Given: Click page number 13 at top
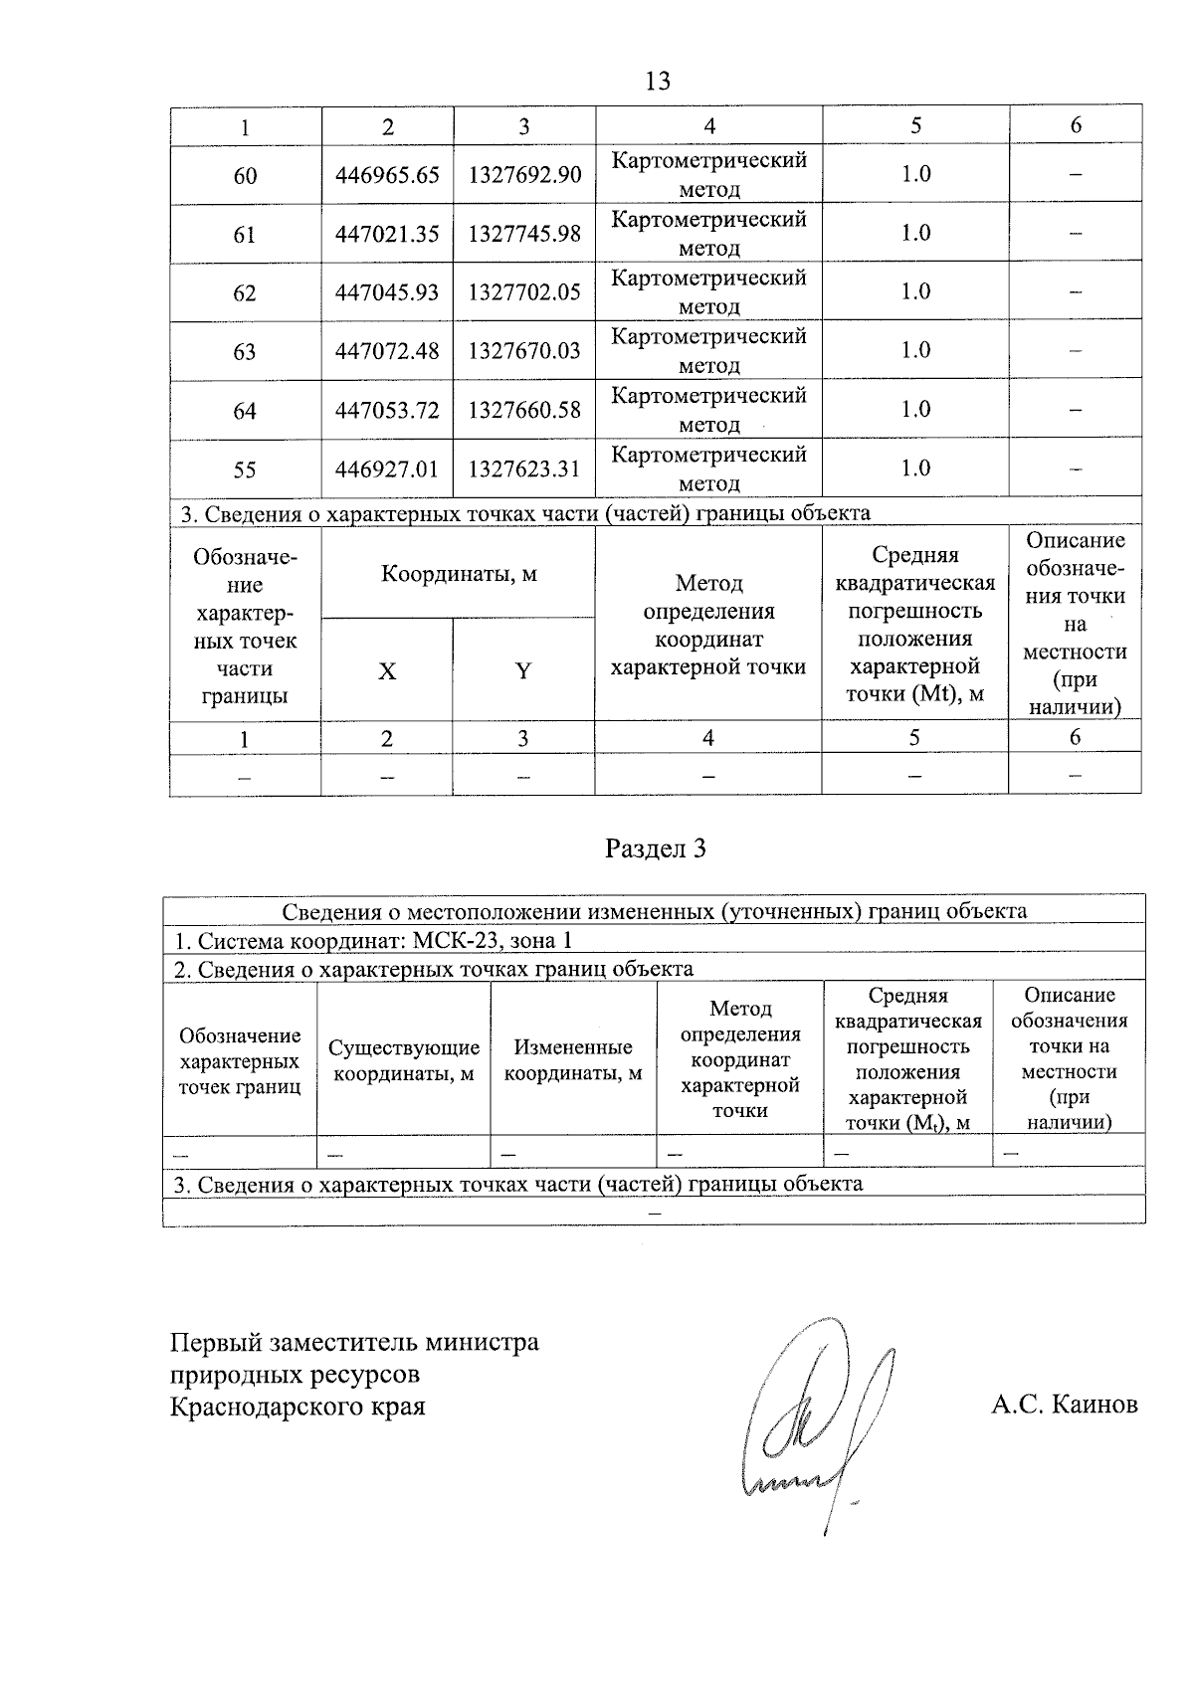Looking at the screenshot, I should coord(658,82).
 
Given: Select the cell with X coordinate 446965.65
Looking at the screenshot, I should coord(387,175).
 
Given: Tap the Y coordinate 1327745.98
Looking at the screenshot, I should coord(524,234).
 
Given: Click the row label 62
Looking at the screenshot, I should coord(245,293).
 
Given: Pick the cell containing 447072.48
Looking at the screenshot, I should coord(387,351).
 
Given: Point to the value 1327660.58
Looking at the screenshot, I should coord(524,410).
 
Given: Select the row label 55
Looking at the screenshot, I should coord(245,469).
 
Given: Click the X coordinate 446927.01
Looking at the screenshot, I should coord(387,469).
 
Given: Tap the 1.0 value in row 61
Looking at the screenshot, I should coord(915,233).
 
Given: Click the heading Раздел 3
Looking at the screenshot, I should coord(656,848).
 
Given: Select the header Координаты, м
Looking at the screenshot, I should coord(459,574).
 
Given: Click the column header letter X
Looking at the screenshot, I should coord(387,671).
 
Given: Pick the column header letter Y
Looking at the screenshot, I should coord(523,671).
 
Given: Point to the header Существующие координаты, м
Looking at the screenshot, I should coord(404,1060).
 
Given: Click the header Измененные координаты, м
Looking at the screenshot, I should coord(573,1060).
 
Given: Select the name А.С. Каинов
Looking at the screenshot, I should coord(1064,1405).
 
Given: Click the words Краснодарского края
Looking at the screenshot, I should coord(298,1407).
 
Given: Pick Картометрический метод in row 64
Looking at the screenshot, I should coord(708,410).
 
